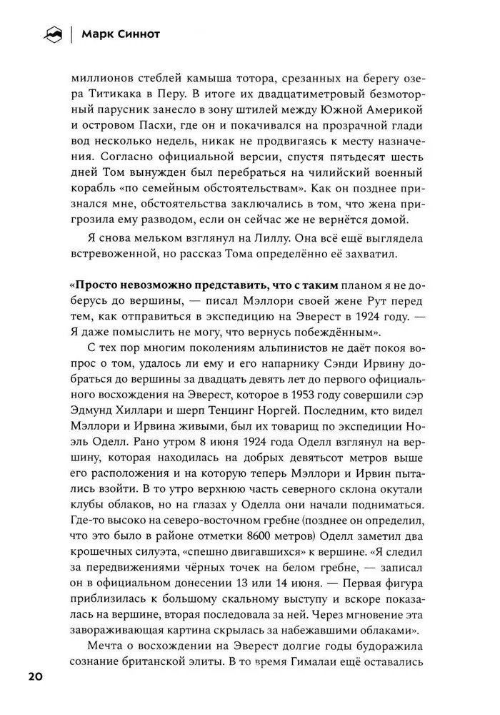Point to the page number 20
36,676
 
